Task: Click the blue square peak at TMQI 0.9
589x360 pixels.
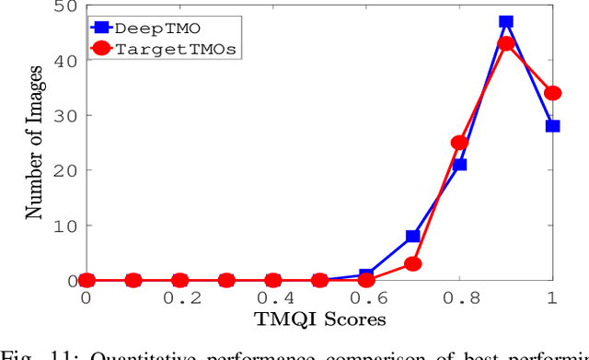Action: [x=505, y=22]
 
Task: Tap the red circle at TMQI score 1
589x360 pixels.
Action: [x=552, y=93]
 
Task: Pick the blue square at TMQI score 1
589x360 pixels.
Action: [x=552, y=126]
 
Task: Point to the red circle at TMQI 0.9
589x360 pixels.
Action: [x=505, y=44]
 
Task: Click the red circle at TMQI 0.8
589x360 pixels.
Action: [x=459, y=143]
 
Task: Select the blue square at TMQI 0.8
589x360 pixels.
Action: [x=459, y=165]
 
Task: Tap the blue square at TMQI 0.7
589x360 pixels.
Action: [x=412, y=237]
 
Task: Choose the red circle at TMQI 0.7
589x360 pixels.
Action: [x=412, y=263]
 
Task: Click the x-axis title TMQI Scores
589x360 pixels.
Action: [x=319, y=319]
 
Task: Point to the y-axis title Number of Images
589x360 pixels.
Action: [x=34, y=142]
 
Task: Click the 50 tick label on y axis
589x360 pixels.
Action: [x=64, y=7]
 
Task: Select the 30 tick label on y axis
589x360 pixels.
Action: [x=64, y=116]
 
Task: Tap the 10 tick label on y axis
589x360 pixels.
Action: [x=64, y=226]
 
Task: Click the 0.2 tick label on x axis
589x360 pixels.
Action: [x=179, y=298]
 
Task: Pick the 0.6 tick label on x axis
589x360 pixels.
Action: [x=365, y=298]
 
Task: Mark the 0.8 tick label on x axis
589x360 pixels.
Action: [x=459, y=298]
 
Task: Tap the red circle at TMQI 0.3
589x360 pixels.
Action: [x=225, y=280]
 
